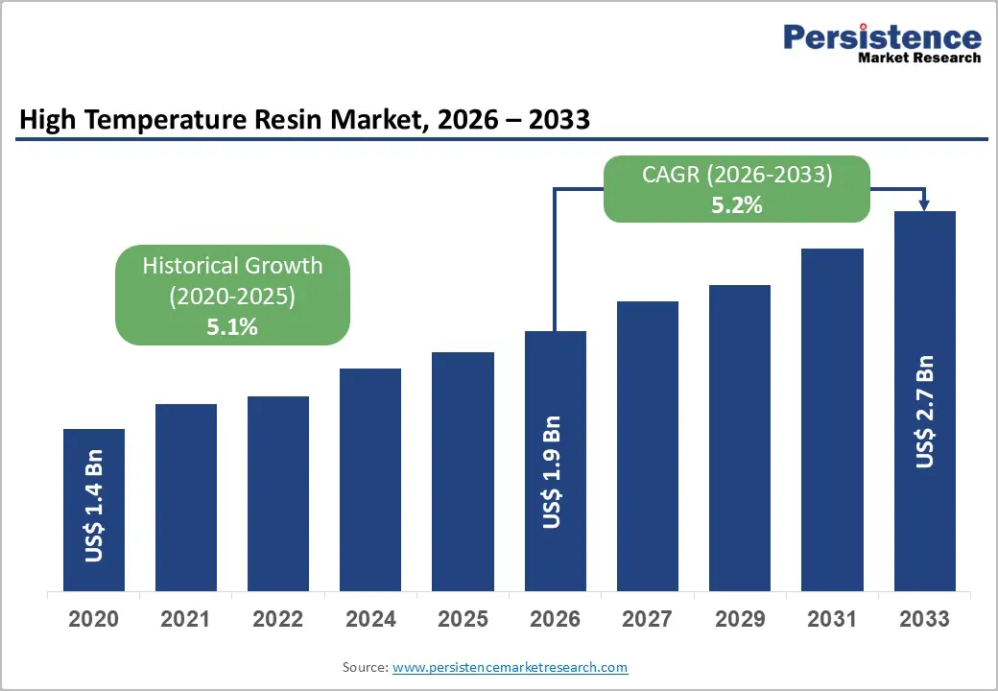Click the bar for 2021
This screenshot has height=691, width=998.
186,497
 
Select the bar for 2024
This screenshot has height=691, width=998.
370,480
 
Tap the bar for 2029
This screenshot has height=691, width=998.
740,438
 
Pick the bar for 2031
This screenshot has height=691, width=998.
832,419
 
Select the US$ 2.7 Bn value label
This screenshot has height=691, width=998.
924,412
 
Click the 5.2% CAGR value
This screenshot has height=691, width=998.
736,203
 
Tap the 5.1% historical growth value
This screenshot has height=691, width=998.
232,326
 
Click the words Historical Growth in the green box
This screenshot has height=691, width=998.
232,266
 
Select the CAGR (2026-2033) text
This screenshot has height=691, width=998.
736,175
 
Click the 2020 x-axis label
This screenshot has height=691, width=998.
94,619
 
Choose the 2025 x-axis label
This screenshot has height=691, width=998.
463,619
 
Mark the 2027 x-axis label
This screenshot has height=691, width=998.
648,619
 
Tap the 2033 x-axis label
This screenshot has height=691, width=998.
924,619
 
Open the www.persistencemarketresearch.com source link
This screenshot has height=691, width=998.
510,667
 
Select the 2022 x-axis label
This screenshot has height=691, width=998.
278,619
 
